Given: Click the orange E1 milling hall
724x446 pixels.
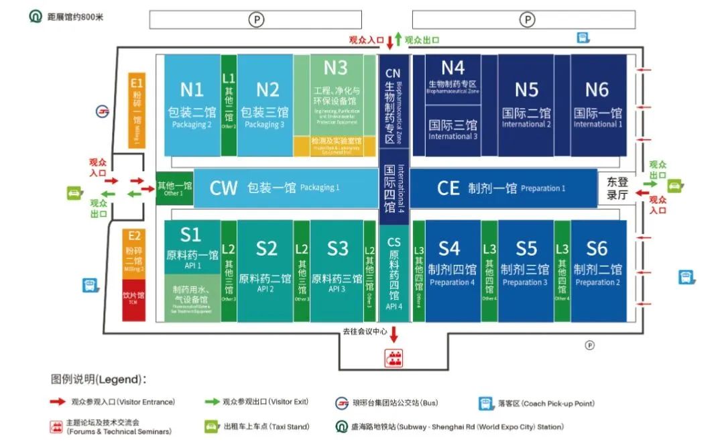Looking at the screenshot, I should coord(136,109).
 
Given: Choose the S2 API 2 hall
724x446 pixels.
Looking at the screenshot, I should coord(265,268).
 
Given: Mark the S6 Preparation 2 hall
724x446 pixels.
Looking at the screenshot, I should coord(597,268).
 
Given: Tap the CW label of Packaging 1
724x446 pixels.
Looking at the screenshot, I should coord(223,188).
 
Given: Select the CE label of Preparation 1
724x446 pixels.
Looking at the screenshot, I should coord(448,188).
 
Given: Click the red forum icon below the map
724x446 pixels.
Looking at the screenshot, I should coord(394,358).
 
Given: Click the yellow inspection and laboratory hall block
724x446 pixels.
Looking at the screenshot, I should coord(335,146).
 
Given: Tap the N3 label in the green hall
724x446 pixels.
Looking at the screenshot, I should coord(335,68).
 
